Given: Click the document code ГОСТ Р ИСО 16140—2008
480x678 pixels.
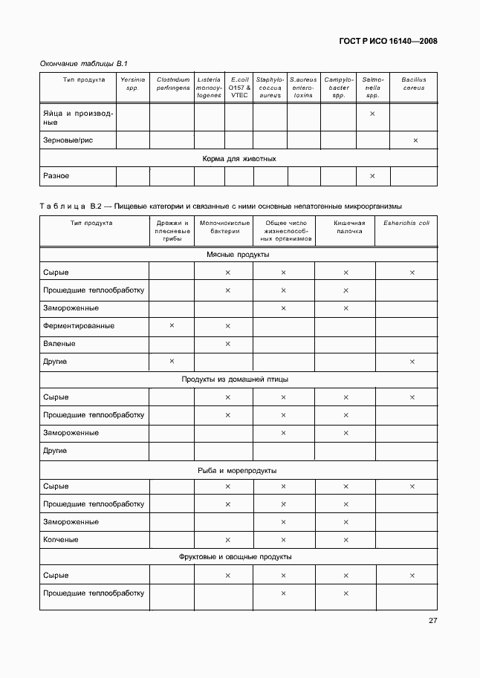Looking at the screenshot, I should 386,41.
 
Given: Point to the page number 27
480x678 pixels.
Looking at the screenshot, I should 432,622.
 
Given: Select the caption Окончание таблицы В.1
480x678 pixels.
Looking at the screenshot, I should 79,64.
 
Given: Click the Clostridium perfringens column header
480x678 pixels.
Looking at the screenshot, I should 172,83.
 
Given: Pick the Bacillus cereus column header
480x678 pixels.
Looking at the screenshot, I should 413,83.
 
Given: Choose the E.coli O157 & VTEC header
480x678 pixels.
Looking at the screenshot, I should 239,87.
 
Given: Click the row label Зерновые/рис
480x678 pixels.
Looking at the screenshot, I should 68,140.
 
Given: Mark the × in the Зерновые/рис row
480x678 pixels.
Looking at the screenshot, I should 415,140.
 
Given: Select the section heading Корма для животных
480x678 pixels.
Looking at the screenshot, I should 239,158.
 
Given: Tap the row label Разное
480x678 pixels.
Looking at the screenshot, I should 56,176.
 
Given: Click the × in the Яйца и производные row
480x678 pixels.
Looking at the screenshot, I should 372,114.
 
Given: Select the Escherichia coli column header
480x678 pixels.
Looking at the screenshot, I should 406,222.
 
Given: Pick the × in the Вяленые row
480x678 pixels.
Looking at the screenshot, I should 227,344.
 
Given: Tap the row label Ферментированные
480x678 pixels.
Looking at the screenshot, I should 79,325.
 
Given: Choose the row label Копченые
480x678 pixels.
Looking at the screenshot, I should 61,539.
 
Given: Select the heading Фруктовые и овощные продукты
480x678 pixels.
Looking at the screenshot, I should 236,557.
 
